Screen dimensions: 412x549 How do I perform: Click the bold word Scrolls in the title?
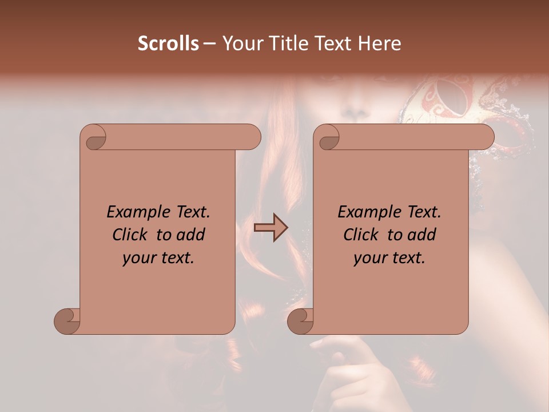168,43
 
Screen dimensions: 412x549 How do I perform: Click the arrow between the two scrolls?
271,228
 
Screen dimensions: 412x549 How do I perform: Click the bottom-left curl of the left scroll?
67,321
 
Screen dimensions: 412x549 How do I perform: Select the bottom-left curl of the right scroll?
300,321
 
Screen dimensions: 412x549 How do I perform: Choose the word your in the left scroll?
138,258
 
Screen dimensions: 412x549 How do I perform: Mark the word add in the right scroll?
423,235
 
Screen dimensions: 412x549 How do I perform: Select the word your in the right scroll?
369,258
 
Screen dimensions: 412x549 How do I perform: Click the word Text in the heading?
332,43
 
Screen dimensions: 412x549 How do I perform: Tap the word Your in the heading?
241,43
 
